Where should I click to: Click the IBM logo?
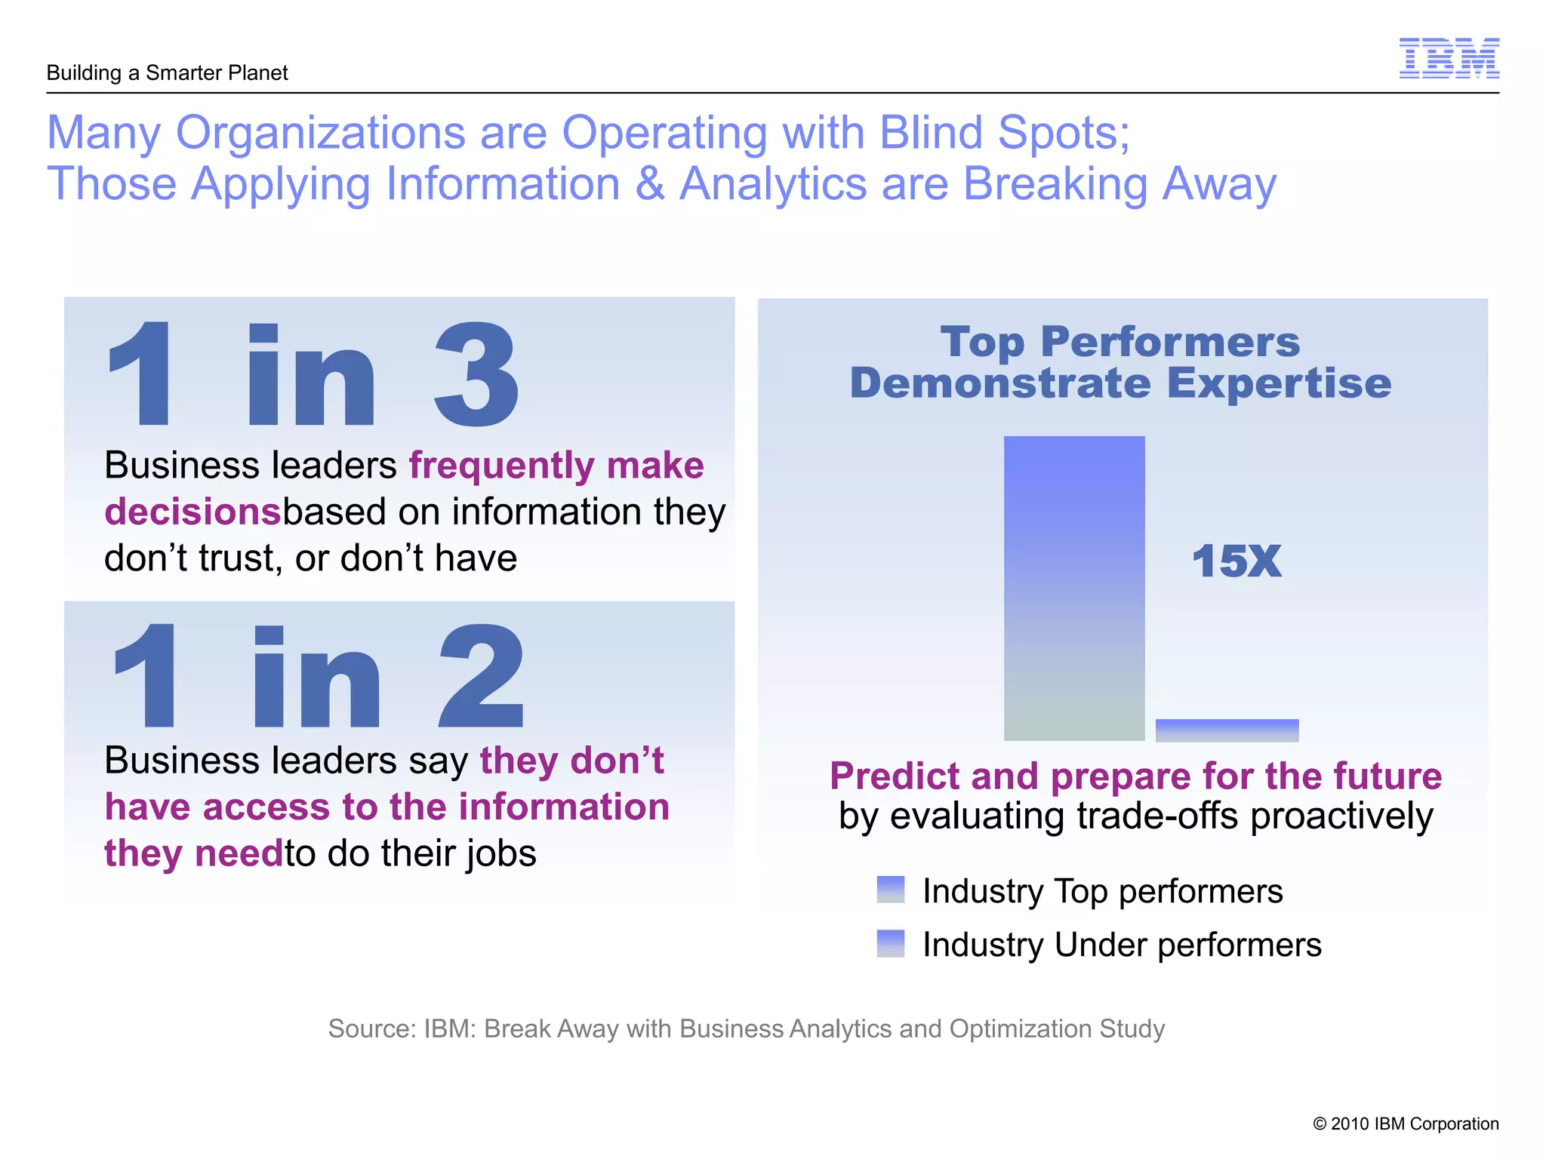click(x=1449, y=58)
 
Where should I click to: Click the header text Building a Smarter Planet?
click(x=167, y=73)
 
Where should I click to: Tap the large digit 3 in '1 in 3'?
click(x=476, y=374)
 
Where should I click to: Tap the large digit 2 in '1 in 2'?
click(x=481, y=676)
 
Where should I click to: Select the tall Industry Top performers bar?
click(x=1073, y=589)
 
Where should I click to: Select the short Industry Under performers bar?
click(x=1227, y=730)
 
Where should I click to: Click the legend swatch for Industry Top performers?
click(x=891, y=890)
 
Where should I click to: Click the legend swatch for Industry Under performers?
click(x=891, y=943)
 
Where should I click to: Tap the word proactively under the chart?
click(x=1341, y=817)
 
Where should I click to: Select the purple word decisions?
click(x=192, y=512)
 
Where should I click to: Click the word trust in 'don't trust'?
click(x=239, y=559)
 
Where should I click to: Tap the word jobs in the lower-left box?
click(x=500, y=854)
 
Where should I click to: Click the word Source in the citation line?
click(x=371, y=1028)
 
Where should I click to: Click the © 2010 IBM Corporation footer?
click(x=1406, y=1124)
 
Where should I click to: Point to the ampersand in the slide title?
click(x=649, y=183)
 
